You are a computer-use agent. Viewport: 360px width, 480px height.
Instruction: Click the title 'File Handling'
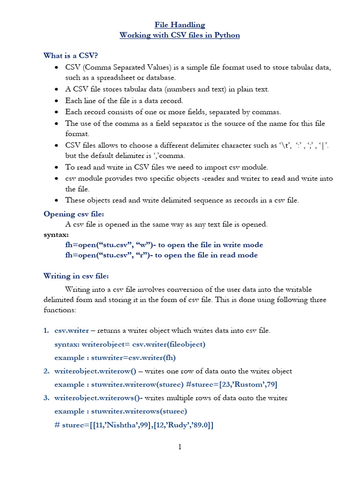tap(180, 25)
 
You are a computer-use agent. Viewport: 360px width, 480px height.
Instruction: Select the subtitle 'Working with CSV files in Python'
tap(180, 36)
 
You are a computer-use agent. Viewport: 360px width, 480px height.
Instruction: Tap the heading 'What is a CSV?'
tap(70, 56)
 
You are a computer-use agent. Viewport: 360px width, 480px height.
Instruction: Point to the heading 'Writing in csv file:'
tap(76, 276)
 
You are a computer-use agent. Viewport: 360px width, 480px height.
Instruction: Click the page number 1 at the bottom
tap(180, 447)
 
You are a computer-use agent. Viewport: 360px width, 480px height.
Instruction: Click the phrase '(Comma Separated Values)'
tap(122, 67)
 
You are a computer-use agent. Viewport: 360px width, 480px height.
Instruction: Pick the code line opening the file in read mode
tap(161, 255)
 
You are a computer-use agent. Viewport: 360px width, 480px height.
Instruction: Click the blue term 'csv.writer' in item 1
tap(72, 330)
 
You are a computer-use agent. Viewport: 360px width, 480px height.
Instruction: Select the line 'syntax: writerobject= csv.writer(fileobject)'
tap(130, 344)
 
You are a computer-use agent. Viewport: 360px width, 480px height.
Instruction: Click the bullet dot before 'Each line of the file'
tap(56, 101)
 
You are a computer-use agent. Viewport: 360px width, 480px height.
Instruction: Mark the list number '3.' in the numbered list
tap(46, 398)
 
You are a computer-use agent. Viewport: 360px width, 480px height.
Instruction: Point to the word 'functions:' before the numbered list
tap(59, 310)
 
